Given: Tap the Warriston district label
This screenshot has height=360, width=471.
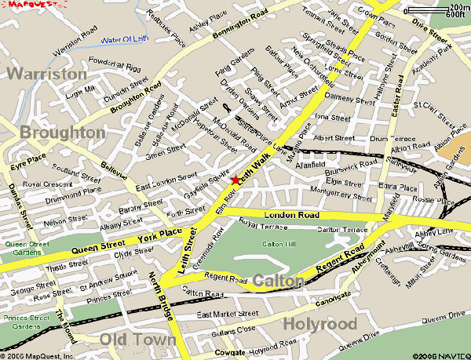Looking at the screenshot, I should tap(46, 74).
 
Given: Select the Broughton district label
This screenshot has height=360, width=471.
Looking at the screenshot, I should tap(62, 133).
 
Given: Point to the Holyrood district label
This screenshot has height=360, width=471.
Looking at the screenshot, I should tap(319, 324).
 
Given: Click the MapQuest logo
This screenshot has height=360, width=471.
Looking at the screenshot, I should tap(21, 5).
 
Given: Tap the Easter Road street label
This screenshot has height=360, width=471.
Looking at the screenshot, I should tap(397, 93).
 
